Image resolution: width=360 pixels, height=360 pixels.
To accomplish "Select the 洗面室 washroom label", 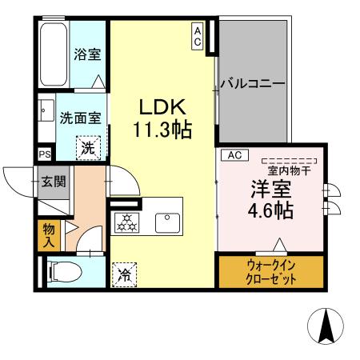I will (80, 117).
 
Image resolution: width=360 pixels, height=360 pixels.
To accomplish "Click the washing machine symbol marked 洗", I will (88, 146).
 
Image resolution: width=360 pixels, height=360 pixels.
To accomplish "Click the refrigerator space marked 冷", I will (124, 275).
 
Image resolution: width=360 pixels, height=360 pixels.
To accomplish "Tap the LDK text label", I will (163, 107).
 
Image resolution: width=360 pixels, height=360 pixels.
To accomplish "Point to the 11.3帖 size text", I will (163, 130).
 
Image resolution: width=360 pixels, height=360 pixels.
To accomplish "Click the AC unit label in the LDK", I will (197, 36).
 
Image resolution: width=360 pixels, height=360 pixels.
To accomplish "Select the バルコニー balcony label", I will (253, 83).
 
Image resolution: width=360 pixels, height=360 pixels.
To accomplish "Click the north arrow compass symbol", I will (326, 326).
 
